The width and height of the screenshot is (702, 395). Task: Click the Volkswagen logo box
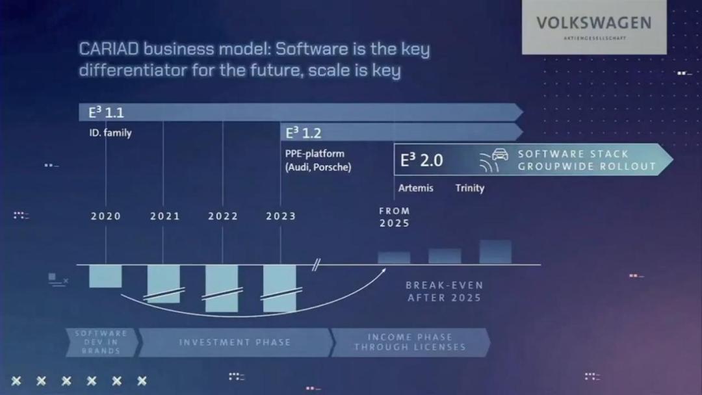594,27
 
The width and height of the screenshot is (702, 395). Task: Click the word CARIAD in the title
109,48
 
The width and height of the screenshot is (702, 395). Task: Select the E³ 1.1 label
106,112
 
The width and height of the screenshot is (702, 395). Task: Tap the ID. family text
110,133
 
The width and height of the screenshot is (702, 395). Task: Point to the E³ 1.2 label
303,133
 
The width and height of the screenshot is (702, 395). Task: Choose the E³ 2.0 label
421,160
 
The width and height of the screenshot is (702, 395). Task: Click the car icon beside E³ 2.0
500,155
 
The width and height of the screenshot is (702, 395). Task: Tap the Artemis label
415,188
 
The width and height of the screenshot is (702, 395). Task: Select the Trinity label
470,188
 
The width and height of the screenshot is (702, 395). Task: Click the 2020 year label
106,216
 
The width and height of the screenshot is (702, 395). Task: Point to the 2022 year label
222,216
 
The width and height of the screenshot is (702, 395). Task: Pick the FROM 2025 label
394,217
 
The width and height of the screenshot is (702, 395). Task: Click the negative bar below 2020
105,276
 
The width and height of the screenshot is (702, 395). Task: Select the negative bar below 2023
279,288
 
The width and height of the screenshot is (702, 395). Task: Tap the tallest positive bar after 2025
495,252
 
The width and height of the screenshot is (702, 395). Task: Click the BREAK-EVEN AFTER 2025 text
444,292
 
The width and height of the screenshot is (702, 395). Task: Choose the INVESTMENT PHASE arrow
236,342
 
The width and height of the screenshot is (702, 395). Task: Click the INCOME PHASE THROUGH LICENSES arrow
410,342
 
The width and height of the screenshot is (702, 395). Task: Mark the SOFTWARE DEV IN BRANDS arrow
102,342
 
